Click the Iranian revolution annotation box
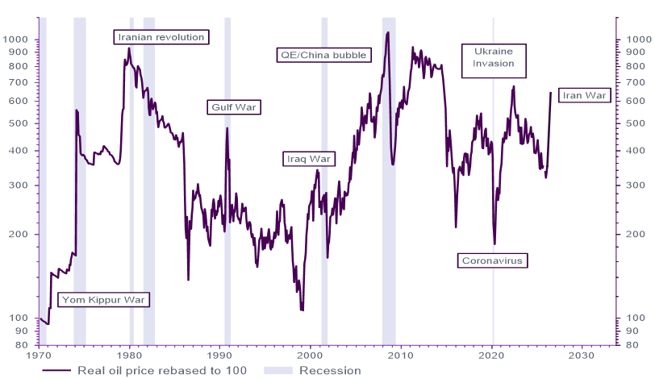pos(161,37)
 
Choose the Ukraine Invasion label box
pos(494,61)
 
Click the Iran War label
pos(582,95)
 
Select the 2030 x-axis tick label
pos(582,355)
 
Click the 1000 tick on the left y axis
pos(17,40)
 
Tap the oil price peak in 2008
pos(389,32)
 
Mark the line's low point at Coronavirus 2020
pos(494,244)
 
